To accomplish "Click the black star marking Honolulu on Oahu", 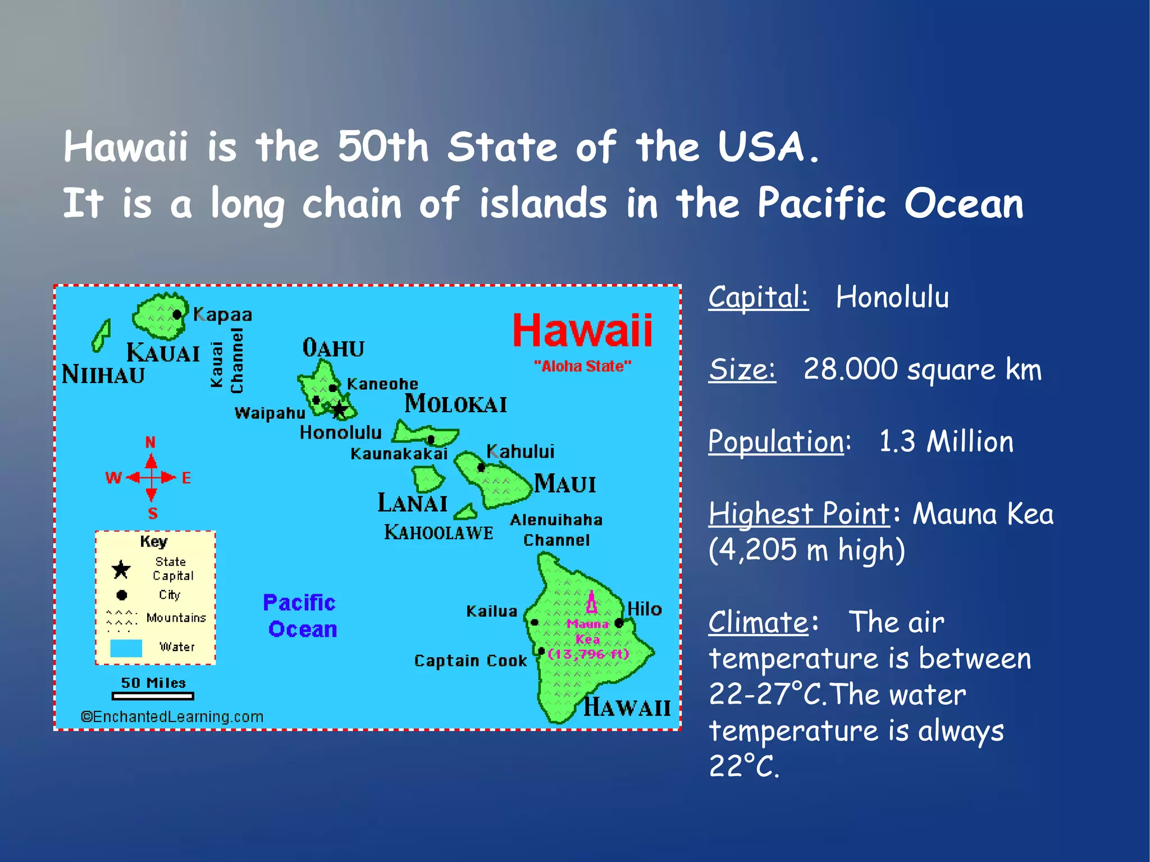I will (x=339, y=409).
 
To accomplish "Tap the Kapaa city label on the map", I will (x=223, y=315).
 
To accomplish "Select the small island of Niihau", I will (x=102, y=336).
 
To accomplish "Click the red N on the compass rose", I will (x=150, y=443).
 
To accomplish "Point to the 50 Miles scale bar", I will (x=153, y=696).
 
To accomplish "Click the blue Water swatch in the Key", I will (x=126, y=648).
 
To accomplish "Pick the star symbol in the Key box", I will (x=121, y=569).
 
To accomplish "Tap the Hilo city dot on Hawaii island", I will (x=619, y=623).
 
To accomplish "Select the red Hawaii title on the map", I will (x=582, y=331).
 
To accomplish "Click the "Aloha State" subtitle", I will (x=582, y=367).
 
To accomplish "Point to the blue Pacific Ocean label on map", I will (x=301, y=616).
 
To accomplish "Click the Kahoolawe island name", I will (x=439, y=532).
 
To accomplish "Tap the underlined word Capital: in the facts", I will (x=758, y=297).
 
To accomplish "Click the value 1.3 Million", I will (x=946, y=441).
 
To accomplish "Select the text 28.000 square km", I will (x=922, y=370).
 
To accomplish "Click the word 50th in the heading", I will (x=383, y=147).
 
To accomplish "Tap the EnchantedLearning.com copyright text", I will (x=172, y=717).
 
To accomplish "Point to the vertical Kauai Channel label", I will (x=227, y=361).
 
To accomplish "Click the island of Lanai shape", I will (x=428, y=479).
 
